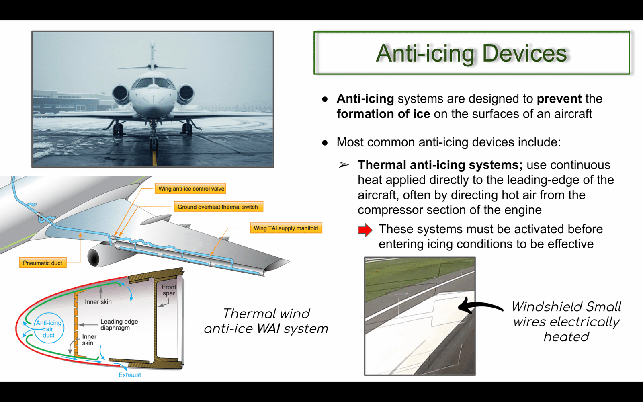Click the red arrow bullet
(x=365, y=230)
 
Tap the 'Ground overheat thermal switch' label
(x=218, y=207)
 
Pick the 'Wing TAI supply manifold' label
(x=286, y=228)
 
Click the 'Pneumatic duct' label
(x=43, y=263)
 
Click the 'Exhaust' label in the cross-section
(x=130, y=375)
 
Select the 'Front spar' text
(x=169, y=290)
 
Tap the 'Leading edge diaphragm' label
(x=119, y=324)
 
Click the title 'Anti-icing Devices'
(x=471, y=53)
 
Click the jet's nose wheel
(x=154, y=143)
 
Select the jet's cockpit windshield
(x=154, y=83)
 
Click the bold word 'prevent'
(x=559, y=99)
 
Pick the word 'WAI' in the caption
(x=268, y=329)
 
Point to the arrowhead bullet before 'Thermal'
(x=344, y=165)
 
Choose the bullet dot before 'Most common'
(x=325, y=142)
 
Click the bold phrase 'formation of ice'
(x=383, y=114)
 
